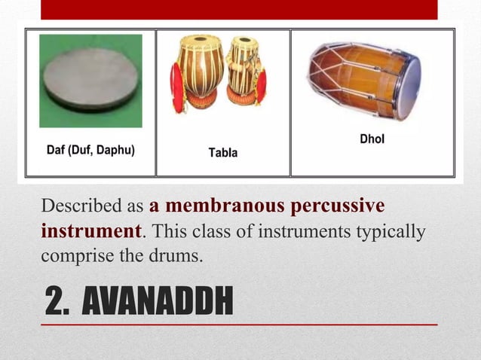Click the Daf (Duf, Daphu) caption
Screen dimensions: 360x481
tap(91, 150)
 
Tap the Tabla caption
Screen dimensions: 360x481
tap(222, 153)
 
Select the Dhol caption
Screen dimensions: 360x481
tap(372, 139)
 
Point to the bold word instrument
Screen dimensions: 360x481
tap(90, 230)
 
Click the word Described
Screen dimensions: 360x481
tap(83, 206)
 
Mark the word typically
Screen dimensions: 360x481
tap(387, 230)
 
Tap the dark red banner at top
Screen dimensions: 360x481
tap(238, 9)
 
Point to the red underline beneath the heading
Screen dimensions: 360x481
tap(238, 324)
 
